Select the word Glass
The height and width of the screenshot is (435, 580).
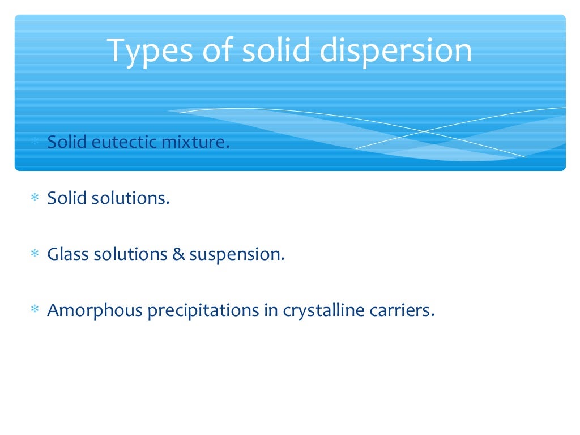69,254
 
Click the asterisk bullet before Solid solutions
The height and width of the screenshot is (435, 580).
35,199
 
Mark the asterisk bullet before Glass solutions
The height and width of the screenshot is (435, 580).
35,255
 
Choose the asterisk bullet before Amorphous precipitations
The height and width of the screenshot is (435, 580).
35,311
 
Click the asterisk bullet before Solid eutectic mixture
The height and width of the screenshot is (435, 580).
35,142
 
